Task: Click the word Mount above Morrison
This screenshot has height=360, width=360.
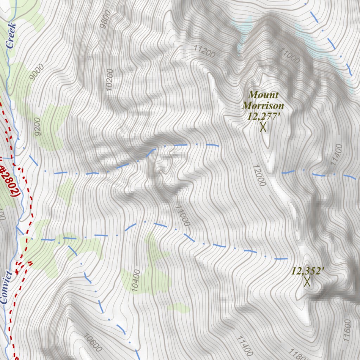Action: point(263,95)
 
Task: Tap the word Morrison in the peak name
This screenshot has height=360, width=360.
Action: point(263,105)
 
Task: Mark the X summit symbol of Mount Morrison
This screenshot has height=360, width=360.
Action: point(263,127)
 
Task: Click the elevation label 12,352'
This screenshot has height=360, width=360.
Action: point(307,271)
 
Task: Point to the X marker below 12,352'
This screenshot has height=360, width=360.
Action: point(307,282)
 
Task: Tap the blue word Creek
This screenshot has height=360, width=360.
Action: point(11,35)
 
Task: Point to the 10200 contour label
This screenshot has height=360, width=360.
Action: point(110,80)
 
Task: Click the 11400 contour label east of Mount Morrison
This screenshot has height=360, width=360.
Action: point(336,155)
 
